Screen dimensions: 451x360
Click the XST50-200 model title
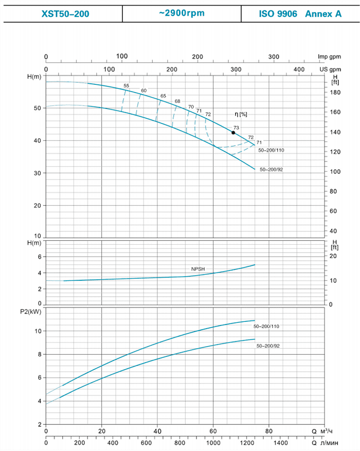[65, 14]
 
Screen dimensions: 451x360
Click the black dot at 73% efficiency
[233, 133]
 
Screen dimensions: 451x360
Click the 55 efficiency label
[127, 85]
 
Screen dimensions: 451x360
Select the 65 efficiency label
[163, 96]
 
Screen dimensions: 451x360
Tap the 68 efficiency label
[177, 101]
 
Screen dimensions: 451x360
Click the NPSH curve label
[199, 269]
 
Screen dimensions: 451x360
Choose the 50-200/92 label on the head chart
[271, 169]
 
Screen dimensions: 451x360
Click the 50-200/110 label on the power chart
[266, 327]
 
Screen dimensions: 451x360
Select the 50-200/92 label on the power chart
[268, 346]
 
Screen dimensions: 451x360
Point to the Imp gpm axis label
[330, 57]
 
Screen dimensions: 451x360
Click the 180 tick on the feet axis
[335, 93]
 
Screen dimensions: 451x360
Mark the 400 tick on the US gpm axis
[299, 69]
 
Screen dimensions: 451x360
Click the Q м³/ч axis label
[325, 431]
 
